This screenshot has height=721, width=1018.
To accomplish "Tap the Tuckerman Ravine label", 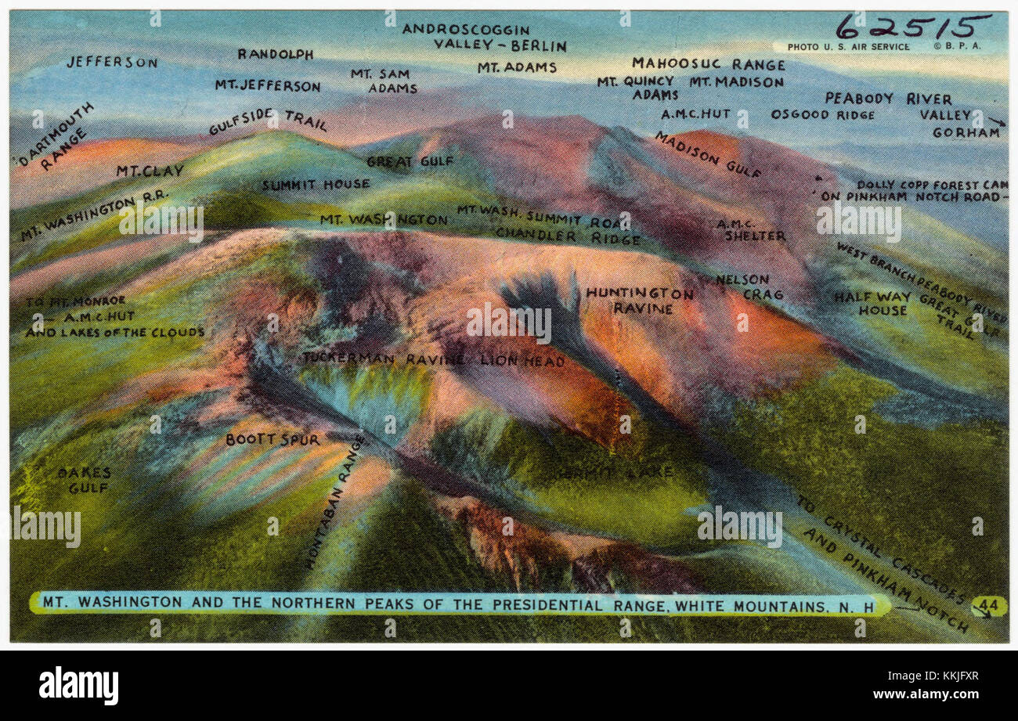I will coord(384,359).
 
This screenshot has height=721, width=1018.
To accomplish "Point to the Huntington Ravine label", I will coord(639,301).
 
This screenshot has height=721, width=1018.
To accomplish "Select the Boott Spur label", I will coord(272,440).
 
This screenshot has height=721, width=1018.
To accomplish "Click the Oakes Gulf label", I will coord(84,480).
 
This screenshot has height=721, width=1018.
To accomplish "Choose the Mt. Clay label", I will coord(150,170).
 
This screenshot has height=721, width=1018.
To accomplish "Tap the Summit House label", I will coord(315,185).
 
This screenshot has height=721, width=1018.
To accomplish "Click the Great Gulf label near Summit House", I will coord(399,162).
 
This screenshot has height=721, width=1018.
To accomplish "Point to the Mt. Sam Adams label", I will coord(383,81).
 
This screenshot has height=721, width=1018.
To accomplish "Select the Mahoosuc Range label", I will coord(708,64).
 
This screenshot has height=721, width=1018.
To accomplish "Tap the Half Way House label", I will coord(872,303).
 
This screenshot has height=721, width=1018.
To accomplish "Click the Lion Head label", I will coord(522,361).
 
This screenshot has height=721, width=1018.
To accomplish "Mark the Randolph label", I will coord(275,54).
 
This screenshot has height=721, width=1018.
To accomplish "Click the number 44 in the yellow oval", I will coord(988,605).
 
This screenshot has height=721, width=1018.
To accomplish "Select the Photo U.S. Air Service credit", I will coord(848,47).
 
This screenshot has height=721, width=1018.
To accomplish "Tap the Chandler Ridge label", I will coord(567,236).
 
